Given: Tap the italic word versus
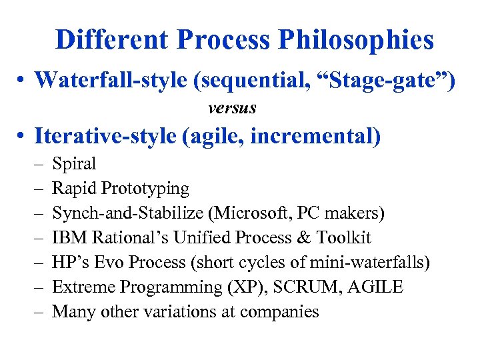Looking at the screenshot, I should tap(232, 107).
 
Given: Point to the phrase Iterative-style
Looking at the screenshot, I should tap(105, 136).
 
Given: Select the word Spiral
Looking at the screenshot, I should tap(74, 164).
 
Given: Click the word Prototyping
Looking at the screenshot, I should tap(145, 189).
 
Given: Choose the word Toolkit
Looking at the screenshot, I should tap(344, 238).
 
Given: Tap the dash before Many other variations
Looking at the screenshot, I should tap(37, 312).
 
